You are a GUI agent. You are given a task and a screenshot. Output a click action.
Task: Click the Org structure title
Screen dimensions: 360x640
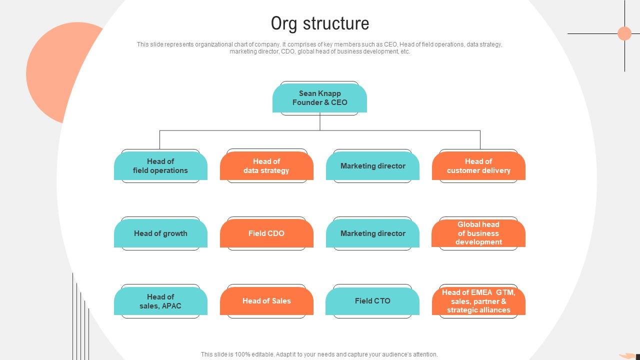[x=320, y=23]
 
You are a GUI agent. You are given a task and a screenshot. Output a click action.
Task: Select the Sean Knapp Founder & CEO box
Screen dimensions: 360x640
[x=319, y=98]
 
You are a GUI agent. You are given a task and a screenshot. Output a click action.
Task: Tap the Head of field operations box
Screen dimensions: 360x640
[x=160, y=166]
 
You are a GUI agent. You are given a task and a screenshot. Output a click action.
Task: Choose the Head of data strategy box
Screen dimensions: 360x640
[x=266, y=166]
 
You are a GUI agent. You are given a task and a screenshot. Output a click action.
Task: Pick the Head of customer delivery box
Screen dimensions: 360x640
[x=478, y=166]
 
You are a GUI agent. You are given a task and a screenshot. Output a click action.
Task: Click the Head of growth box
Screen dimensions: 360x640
[x=160, y=233]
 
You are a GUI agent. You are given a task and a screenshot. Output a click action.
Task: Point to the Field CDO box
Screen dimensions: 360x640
[x=266, y=233]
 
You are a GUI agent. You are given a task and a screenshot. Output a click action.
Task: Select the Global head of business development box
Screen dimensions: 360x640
[x=478, y=233]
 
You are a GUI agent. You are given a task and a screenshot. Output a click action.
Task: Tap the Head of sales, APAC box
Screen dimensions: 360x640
[x=160, y=301]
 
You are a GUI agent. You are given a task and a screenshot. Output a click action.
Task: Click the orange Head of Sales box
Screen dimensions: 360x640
[x=266, y=301]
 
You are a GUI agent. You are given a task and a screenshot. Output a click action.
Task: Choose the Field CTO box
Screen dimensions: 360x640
[x=372, y=301]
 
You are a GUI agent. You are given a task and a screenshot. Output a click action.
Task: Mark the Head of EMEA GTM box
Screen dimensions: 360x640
[x=478, y=301]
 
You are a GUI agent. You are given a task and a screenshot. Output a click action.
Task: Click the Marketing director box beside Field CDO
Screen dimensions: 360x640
[x=372, y=233]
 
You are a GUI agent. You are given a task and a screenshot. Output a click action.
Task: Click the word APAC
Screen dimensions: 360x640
[x=171, y=306]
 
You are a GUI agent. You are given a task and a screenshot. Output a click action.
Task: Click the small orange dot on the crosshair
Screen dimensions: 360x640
[x=624, y=33]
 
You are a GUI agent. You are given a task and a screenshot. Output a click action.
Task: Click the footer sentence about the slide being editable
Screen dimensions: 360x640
[x=319, y=354]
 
